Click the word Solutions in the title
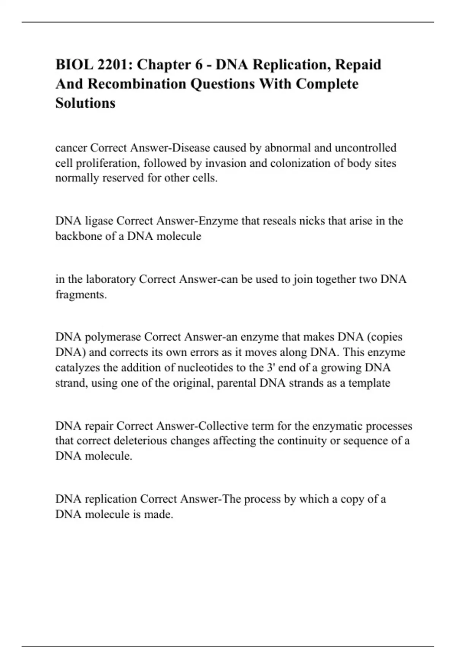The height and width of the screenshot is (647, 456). [x=85, y=103]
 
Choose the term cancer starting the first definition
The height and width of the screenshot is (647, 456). [x=71, y=148]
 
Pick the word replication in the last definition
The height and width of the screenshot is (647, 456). [x=111, y=499]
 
